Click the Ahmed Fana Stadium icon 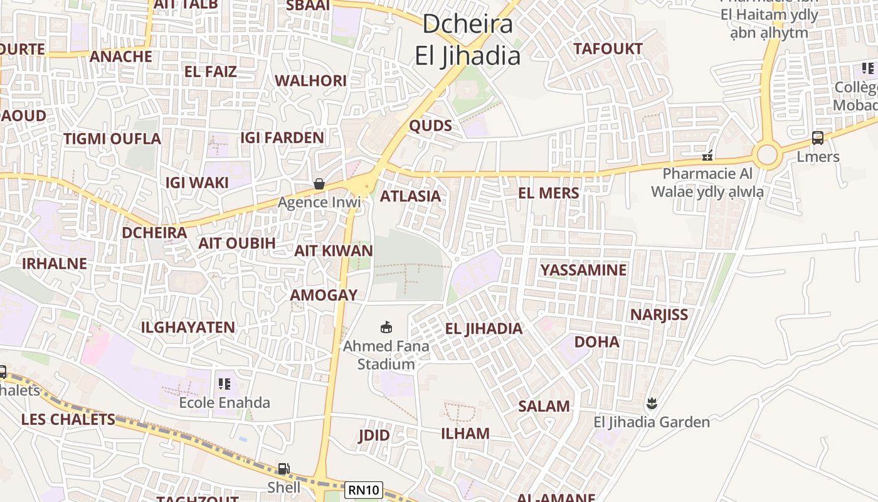(x=386, y=327)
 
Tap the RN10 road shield (x=364, y=489)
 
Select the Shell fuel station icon (x=284, y=469)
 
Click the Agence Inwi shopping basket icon (x=319, y=184)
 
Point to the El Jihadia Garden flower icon (x=652, y=403)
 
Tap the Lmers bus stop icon (x=818, y=138)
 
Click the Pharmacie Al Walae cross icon (x=707, y=155)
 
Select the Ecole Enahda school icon (x=225, y=383)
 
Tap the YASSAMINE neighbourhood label (x=583, y=270)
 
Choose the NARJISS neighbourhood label (x=659, y=314)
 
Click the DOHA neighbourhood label (x=597, y=342)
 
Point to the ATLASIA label (x=411, y=196)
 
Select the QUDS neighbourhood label (x=430, y=125)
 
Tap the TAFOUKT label (x=608, y=48)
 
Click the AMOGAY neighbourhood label (x=324, y=295)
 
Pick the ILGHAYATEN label (x=188, y=327)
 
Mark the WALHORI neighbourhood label (x=310, y=80)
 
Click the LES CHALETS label (x=68, y=419)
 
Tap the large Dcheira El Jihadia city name (x=468, y=40)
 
